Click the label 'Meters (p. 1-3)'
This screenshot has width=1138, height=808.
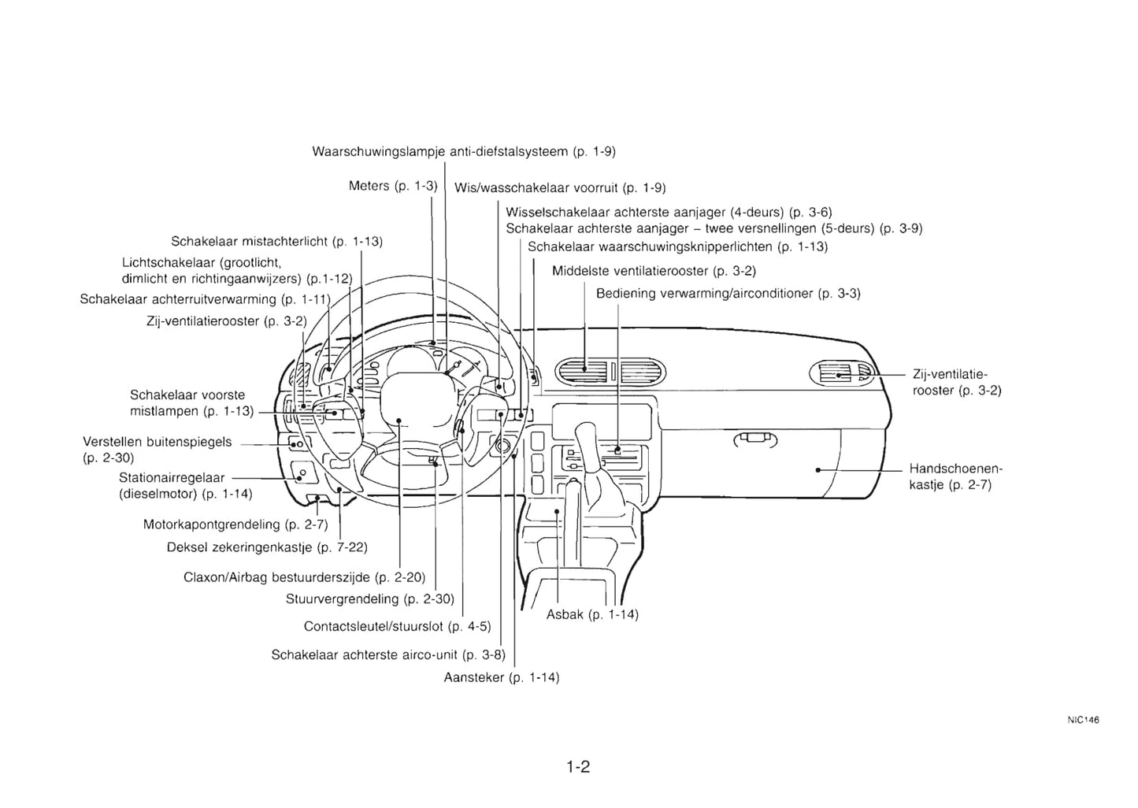(392, 186)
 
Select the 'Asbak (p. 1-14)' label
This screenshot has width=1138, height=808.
(592, 614)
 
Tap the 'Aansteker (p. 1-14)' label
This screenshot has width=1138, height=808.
(502, 677)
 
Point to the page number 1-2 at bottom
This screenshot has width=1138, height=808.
(578, 766)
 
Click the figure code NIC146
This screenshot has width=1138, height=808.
(1083, 720)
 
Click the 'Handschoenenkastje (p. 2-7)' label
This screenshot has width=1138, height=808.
(955, 476)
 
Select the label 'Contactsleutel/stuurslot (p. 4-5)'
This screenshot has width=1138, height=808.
(397, 626)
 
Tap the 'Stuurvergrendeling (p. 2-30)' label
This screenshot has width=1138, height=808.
(370, 599)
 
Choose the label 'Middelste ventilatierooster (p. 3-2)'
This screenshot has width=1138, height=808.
(654, 271)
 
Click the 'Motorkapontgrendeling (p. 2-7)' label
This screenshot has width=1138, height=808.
(235, 524)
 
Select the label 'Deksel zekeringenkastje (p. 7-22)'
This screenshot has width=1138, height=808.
(267, 547)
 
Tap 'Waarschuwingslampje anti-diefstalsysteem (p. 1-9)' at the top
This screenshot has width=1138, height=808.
(463, 151)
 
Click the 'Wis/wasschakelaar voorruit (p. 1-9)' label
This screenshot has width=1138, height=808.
(560, 187)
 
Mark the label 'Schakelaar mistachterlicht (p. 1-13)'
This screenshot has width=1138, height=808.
(276, 241)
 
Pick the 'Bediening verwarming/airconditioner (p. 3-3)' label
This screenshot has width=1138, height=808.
(728, 294)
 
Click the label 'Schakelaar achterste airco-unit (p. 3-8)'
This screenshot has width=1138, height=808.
(388, 654)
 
